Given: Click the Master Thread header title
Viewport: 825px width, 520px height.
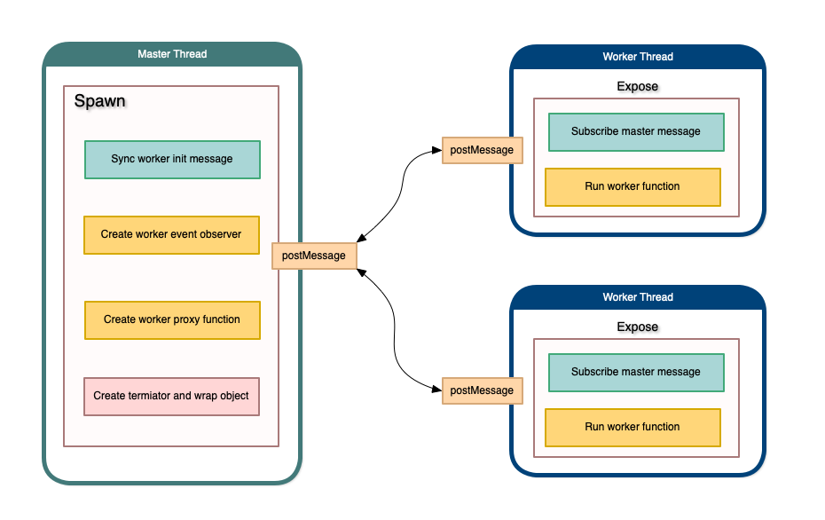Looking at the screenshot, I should click(x=172, y=54).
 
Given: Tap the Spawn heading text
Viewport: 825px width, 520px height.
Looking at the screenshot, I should click(x=99, y=101).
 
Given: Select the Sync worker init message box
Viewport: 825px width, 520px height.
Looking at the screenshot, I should click(x=172, y=160).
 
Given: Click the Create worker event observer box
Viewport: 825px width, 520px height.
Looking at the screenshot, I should click(x=172, y=235).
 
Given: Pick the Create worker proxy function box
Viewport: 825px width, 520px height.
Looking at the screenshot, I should click(x=172, y=319).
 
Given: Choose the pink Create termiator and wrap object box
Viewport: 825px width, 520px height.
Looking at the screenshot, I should click(x=172, y=396).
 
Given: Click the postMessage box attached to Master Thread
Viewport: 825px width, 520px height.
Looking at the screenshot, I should click(x=314, y=256).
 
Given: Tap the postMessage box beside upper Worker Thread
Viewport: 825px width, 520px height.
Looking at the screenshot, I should click(x=482, y=150).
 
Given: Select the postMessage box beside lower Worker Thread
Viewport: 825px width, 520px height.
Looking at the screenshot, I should click(x=482, y=390).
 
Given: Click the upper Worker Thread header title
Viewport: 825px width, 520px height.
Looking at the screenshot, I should click(x=638, y=57).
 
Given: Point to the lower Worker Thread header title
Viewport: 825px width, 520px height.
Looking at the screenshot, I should click(x=638, y=297).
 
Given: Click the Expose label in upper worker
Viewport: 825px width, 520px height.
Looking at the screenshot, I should click(x=638, y=87).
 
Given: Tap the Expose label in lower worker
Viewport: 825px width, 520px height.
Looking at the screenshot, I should click(x=638, y=327).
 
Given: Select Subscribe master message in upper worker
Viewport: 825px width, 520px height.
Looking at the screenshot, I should click(x=636, y=132).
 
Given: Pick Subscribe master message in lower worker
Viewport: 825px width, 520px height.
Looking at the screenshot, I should click(x=636, y=373).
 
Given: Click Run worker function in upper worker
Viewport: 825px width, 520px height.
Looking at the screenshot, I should click(x=632, y=187).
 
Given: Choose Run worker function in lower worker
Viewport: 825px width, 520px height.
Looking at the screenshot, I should click(x=632, y=428).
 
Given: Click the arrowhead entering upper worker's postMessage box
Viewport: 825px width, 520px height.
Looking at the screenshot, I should click(x=436, y=151).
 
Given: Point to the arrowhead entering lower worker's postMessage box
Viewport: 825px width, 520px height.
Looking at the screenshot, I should click(x=436, y=390).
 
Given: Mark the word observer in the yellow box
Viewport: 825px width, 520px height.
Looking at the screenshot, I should click(x=221, y=235).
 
